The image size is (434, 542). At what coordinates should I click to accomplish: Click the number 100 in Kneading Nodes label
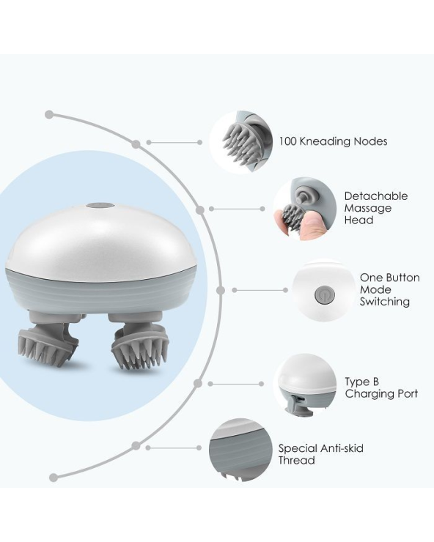(288, 141)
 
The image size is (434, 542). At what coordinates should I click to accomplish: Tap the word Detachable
(376, 196)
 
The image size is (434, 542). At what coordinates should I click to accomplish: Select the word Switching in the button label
(384, 302)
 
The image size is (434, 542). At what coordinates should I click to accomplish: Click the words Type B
(361, 382)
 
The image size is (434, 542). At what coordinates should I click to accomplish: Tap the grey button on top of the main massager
(100, 206)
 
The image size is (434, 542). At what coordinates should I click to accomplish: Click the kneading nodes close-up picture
(241, 141)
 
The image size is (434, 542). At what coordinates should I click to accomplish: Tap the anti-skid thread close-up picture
(240, 450)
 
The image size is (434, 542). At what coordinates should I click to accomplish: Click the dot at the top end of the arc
(49, 114)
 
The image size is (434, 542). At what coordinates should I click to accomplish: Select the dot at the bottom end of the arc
(53, 478)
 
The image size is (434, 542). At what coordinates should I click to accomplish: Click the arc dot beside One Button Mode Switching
(221, 290)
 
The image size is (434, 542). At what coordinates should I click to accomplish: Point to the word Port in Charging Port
(405, 394)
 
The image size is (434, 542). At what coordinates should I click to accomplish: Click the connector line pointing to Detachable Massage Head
(237, 209)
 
